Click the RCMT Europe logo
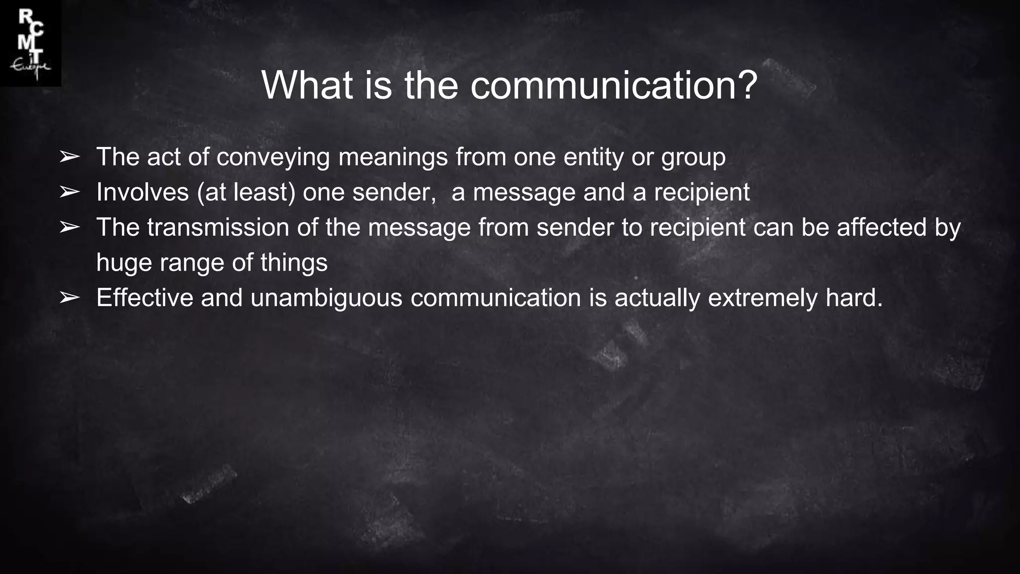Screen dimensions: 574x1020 coord(30,43)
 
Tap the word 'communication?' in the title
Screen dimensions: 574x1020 coord(614,85)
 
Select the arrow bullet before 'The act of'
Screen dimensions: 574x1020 coord(69,157)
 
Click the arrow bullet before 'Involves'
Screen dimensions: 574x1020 coord(69,192)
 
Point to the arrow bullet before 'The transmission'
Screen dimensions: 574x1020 coord(69,228)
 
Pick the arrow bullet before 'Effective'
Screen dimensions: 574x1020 coord(69,298)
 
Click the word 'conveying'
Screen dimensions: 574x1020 coord(273,158)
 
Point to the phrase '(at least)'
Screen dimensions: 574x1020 coord(246,192)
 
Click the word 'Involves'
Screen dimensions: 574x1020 coord(142,192)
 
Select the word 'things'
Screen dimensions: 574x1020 coord(294,263)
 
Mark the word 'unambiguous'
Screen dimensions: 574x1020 coord(326,298)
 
